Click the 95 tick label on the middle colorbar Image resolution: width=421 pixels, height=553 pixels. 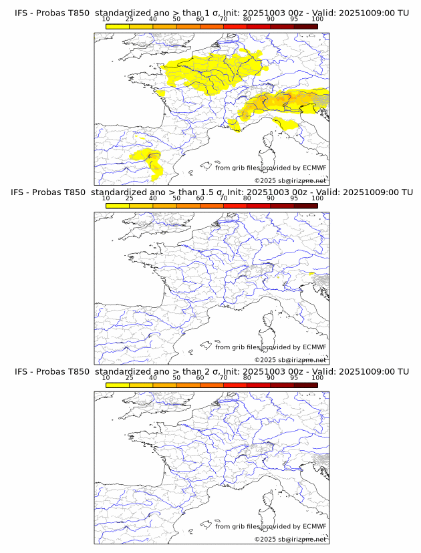tap(295, 198)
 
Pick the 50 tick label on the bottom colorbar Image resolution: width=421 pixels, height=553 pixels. tap(176, 377)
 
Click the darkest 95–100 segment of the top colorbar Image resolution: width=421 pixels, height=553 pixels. tap(306, 26)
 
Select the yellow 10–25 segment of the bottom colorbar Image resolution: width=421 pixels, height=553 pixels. tap(118, 385)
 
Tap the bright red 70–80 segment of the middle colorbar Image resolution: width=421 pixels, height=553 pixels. tap(235, 206)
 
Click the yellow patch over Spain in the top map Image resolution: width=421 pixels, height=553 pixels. tap(148, 160)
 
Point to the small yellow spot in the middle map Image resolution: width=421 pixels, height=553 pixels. tap(312, 273)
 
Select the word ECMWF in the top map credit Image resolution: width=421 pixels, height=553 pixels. tap(314, 168)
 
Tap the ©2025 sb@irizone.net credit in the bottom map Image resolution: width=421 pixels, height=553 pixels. tap(291, 539)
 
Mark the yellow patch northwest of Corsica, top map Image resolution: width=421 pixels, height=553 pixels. tap(286, 123)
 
